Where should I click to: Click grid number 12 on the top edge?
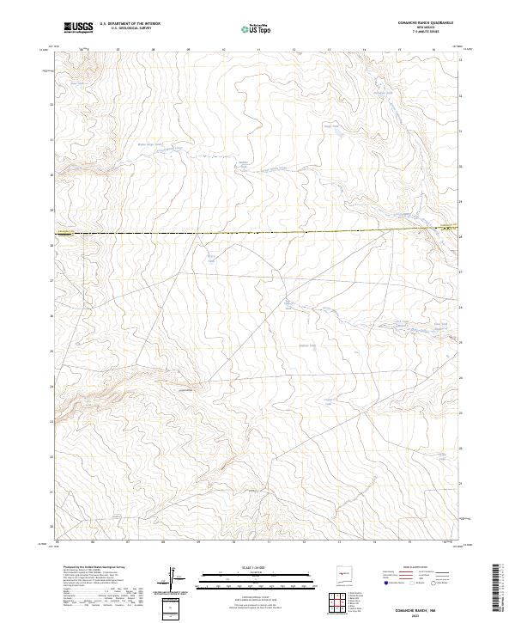pos(294,50)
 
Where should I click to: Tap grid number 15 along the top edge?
pos(399,50)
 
